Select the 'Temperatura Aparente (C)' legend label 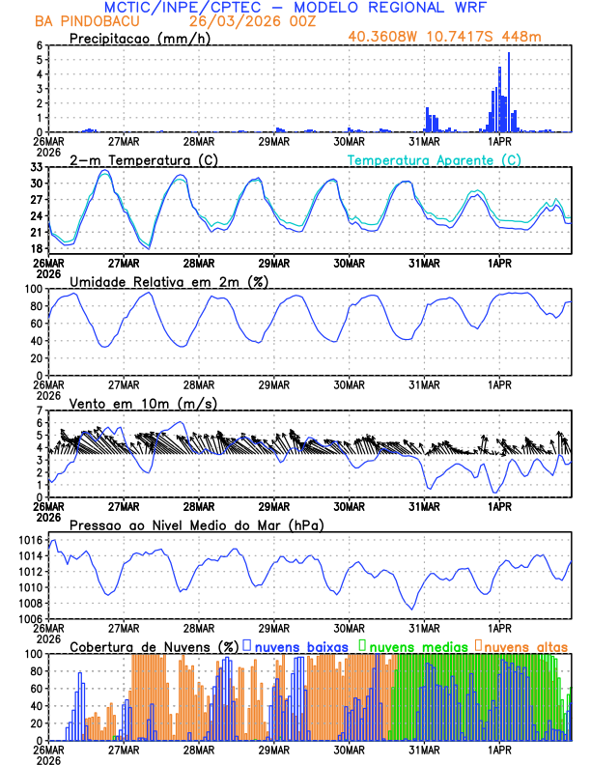(x=434, y=159)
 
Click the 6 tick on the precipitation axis (x=41, y=45)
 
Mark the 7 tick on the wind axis (x=41, y=410)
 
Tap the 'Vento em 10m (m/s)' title (x=129, y=402)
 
